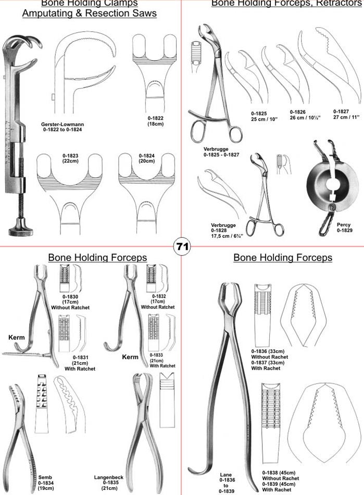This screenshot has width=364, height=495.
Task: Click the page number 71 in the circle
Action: tap(182, 247)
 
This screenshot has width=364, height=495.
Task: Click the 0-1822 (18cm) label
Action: tap(155, 121)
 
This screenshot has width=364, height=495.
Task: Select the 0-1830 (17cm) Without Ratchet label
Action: tap(70, 302)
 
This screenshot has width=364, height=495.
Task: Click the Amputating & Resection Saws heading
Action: tap(89, 14)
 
